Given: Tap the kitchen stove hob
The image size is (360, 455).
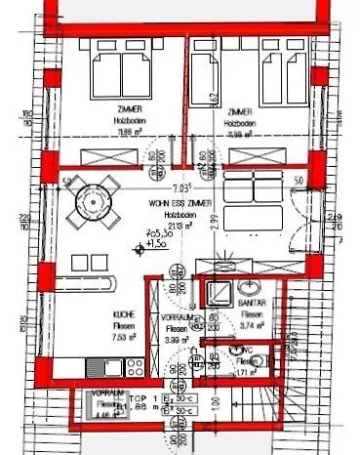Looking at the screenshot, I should tap(131, 366).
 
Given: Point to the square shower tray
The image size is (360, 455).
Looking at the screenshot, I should tap(216, 291).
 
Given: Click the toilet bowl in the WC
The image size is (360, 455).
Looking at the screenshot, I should tap(252, 362).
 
